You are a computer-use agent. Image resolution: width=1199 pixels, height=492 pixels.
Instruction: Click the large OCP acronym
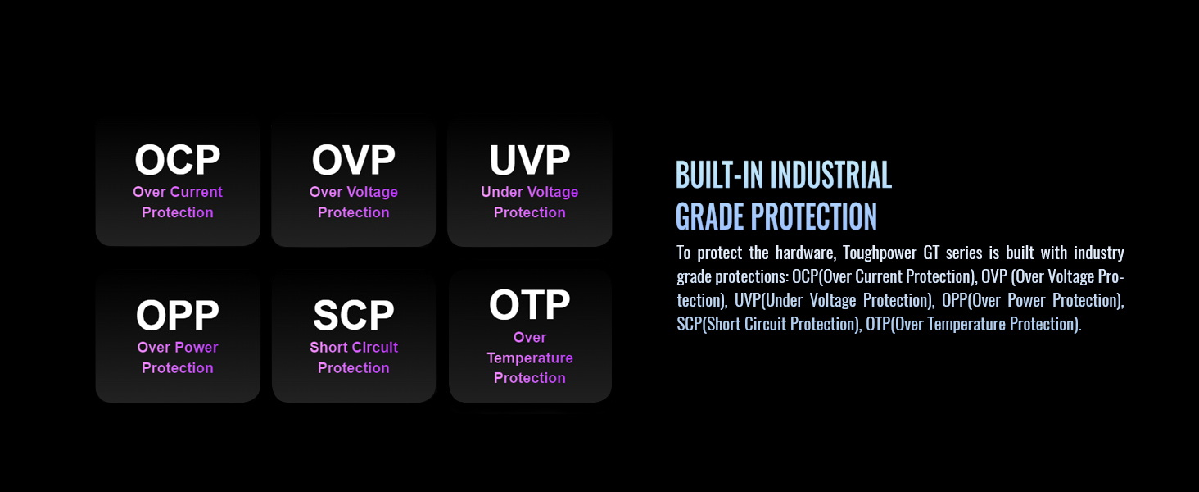point(177,160)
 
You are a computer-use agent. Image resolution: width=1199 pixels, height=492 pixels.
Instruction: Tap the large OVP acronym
point(353,160)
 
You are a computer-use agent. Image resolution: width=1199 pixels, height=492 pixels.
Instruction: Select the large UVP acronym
point(529,160)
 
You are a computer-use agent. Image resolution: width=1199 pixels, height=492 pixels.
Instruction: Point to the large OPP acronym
point(177,315)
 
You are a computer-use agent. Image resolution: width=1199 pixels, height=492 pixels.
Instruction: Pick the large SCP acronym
point(353,315)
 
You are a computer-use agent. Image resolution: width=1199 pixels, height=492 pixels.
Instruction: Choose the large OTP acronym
point(529,304)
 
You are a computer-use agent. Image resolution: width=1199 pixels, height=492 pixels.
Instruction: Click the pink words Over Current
point(178,192)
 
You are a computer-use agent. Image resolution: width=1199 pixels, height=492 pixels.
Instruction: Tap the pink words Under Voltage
point(529,192)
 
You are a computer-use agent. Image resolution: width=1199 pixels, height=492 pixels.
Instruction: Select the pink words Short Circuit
point(354,348)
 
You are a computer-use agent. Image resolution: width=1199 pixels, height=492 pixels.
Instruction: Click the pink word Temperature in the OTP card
point(530,358)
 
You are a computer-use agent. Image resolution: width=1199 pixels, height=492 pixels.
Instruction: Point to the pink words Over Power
point(178,348)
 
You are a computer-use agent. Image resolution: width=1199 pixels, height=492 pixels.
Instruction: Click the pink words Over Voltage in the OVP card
point(354,192)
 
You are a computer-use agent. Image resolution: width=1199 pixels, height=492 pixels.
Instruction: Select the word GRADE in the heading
point(710,217)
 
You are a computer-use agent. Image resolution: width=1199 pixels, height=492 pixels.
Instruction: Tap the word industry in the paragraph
point(1099,253)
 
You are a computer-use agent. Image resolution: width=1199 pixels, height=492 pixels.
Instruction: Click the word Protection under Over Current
point(178,212)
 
